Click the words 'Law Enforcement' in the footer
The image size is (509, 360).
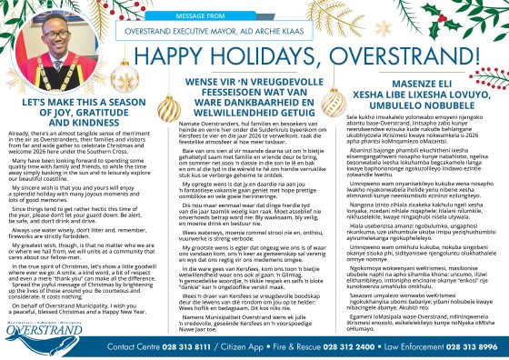coord(422,347)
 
